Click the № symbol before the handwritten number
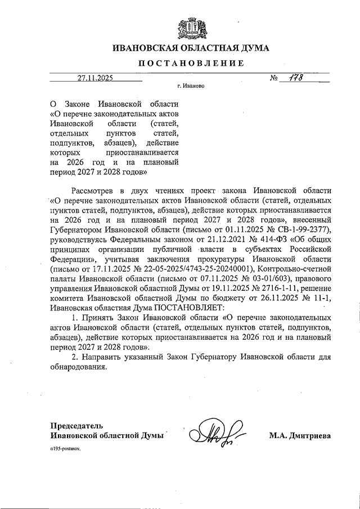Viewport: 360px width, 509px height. pyautogui.click(x=273, y=79)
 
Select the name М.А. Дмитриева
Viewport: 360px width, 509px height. pyautogui.click(x=299, y=435)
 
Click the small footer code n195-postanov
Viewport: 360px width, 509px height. pyautogui.click(x=66, y=451)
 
